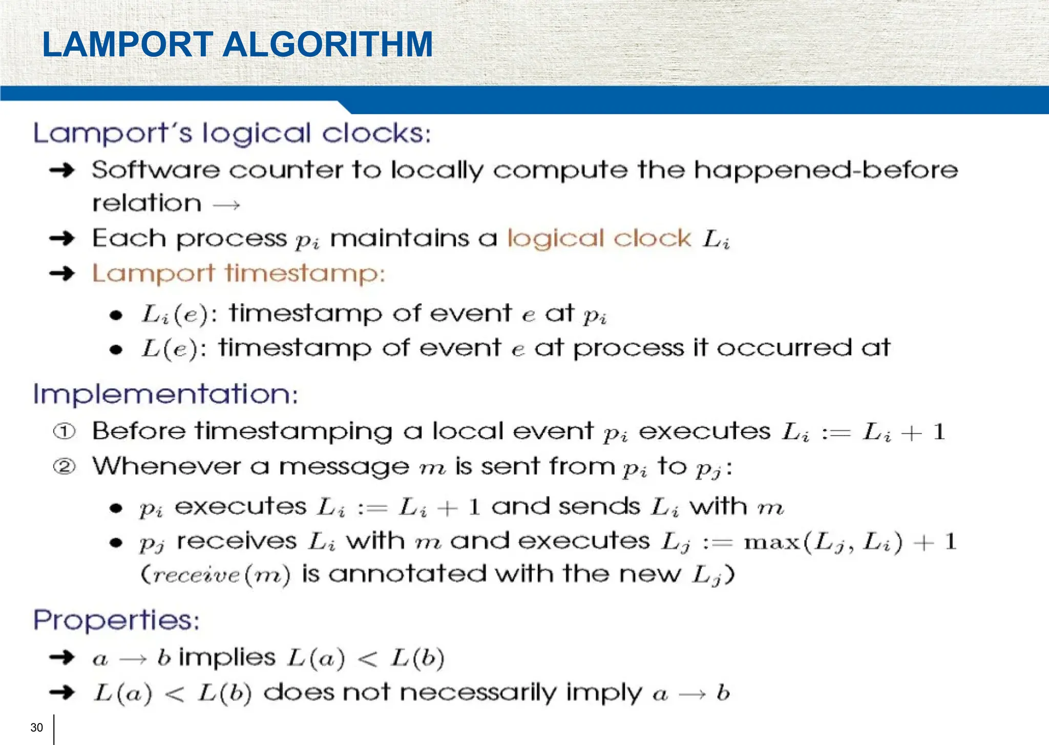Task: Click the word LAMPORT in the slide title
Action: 128,45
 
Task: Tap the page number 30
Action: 37,728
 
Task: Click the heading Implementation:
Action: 165,395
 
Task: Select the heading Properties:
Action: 116,620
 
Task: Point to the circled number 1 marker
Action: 65,432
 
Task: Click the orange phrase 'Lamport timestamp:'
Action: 238,274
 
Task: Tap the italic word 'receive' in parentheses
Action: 197,575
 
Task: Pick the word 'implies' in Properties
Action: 227,658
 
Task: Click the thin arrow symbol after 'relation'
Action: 226,205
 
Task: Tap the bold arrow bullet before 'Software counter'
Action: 62,170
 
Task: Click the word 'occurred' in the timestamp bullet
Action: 784,348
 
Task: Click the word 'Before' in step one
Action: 139,431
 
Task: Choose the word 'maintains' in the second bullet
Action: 400,239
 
